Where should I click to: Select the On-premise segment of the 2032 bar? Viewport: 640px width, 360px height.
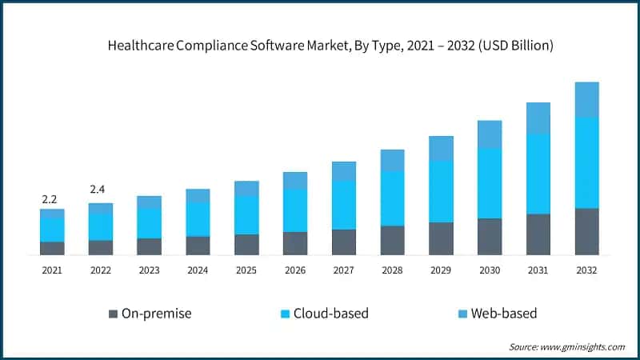[x=587, y=232]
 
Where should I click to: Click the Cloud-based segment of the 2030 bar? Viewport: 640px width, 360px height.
[x=490, y=183]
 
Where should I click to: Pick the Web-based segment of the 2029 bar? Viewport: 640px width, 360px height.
[x=441, y=148]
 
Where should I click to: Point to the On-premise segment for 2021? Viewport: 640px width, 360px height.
[x=52, y=248]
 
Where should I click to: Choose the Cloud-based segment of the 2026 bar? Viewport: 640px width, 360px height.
[x=295, y=210]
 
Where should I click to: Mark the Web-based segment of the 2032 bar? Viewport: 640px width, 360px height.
[x=587, y=99]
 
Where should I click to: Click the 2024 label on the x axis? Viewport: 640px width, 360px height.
[x=198, y=270]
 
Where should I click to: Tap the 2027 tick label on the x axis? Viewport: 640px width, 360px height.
[x=343, y=270]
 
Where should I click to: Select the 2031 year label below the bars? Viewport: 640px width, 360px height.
[x=538, y=270]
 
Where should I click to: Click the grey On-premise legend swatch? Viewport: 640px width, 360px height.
[x=113, y=314]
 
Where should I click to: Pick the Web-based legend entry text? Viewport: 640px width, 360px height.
[x=503, y=314]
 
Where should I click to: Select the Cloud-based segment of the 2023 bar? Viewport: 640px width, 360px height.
[x=149, y=223]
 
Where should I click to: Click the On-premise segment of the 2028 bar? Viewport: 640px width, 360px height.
[x=392, y=240]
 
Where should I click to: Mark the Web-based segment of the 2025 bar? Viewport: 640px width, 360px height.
[x=246, y=188]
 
